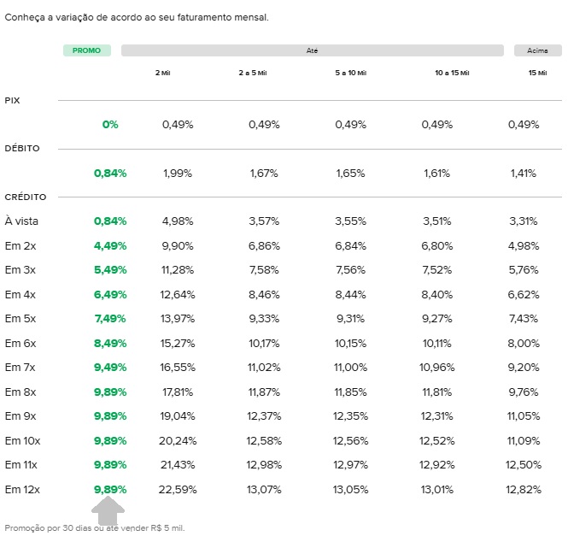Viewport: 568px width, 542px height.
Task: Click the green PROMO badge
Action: tap(87, 50)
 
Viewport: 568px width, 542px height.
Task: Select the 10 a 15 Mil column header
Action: tap(452, 73)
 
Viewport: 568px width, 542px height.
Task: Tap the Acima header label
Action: tap(537, 50)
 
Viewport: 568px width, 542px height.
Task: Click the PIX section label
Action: tap(12, 100)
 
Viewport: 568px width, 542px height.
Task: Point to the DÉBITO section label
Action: tap(22, 148)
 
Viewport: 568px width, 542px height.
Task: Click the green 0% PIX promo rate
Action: tap(110, 125)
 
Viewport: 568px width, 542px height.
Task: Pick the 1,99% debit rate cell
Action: tap(178, 174)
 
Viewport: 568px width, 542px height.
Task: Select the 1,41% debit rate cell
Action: tap(524, 174)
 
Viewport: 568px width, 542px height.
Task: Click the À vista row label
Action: tap(21, 221)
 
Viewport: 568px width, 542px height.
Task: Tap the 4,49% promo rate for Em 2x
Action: tap(110, 246)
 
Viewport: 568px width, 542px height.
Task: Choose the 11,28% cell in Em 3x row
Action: tap(178, 270)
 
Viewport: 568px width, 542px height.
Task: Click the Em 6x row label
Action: tap(20, 344)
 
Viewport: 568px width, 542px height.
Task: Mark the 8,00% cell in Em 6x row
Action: tap(524, 344)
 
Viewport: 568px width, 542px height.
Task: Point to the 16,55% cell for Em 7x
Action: tap(178, 368)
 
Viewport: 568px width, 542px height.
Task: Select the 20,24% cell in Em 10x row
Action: tap(178, 441)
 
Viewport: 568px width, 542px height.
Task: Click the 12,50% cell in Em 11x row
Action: tap(524, 465)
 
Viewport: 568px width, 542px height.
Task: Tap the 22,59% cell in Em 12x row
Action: tap(178, 490)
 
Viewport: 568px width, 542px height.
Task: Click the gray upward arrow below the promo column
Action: tap(108, 510)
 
